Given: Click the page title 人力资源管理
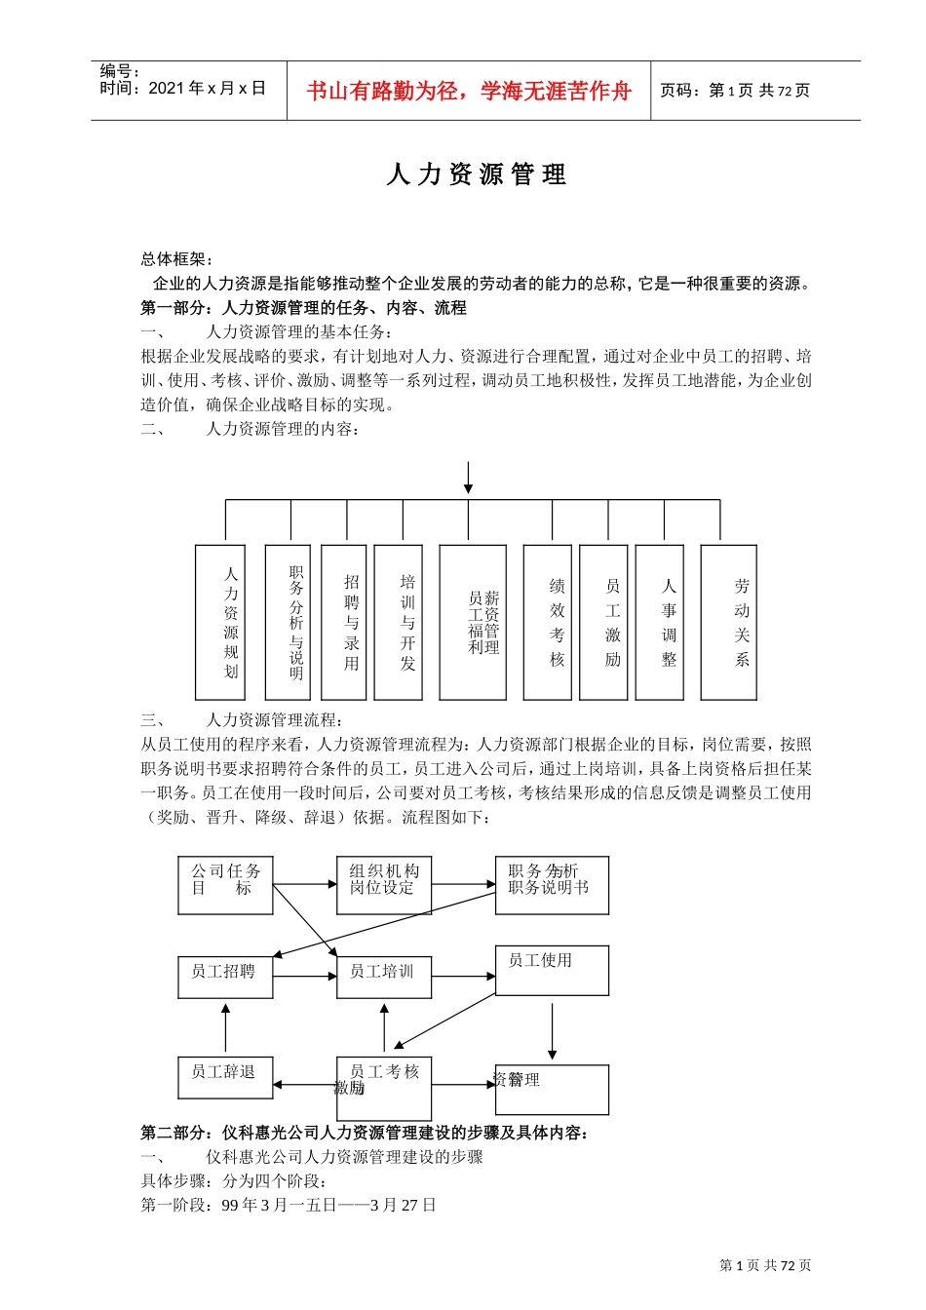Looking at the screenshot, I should (476, 174).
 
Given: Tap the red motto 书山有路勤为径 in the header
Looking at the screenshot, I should (469, 92).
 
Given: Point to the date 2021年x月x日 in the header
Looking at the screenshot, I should (182, 89).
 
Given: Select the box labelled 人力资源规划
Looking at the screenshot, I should (220, 622).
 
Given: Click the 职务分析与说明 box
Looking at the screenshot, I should (288, 622).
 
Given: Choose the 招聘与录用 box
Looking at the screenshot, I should (344, 622).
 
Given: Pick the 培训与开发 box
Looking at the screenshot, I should (399, 622).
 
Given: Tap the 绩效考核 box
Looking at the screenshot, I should (548, 622).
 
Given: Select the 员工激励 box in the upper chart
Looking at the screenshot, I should (603, 622).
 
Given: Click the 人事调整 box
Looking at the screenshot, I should (660, 622).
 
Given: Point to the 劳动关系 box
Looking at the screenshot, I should (729, 622).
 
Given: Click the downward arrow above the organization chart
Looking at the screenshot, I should (469, 478).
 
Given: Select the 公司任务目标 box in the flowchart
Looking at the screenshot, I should (225, 885).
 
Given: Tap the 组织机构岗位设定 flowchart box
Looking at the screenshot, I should (384, 885).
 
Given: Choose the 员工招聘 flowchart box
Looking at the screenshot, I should (225, 977).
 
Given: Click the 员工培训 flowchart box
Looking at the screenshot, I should (384, 977).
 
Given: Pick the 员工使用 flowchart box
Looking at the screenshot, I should (552, 970).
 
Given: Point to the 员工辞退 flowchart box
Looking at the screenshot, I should (225, 1083).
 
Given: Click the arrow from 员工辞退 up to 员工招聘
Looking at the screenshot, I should (225, 1028).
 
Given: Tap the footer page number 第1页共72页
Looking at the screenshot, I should (765, 1265).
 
